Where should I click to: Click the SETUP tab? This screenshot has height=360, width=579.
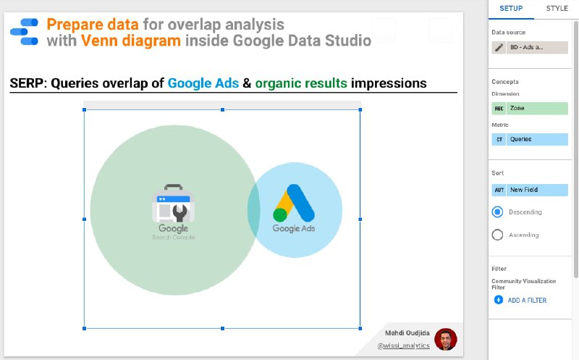point(511,9)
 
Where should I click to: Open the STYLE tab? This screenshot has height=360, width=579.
point(557,9)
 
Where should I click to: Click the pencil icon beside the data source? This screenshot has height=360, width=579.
point(499,47)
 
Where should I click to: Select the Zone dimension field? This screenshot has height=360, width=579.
point(530,109)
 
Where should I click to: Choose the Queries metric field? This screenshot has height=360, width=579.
point(530,139)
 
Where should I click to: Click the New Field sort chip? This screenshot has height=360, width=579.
point(530,190)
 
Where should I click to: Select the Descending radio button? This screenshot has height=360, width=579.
point(497,212)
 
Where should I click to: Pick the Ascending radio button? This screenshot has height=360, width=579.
point(497,235)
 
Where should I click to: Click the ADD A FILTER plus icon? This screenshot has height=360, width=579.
point(499,300)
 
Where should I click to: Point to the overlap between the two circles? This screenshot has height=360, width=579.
point(254,209)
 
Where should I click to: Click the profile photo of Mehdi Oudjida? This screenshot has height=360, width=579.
point(446,339)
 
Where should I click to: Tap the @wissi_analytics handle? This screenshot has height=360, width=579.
point(404,346)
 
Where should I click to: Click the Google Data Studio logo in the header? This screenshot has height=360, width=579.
point(25,32)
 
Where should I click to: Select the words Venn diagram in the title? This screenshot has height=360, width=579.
point(131,41)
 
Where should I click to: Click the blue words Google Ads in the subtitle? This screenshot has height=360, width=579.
point(203,83)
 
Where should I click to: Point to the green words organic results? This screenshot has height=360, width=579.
point(301,83)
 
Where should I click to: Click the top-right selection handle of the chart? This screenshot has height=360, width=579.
point(360,110)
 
